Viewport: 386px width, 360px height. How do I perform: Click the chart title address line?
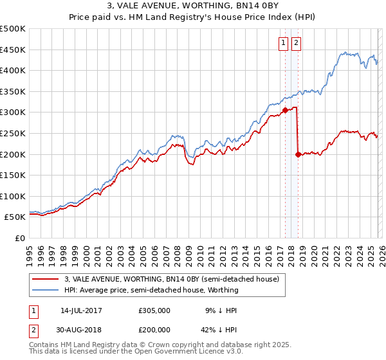pos(192,6)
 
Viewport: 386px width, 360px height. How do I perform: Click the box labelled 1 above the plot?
pos(283,43)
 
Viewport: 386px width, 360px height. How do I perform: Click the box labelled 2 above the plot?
pos(296,43)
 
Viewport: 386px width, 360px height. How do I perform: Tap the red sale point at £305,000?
pos(285,110)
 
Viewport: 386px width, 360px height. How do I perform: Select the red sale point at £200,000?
pos(298,154)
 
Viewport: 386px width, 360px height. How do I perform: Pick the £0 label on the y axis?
pos(20,239)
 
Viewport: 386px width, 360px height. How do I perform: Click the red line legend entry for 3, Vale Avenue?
pos(171,279)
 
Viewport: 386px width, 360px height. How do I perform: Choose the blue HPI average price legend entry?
pos(151,290)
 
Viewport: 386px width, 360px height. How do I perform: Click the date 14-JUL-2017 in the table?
pos(81,310)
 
